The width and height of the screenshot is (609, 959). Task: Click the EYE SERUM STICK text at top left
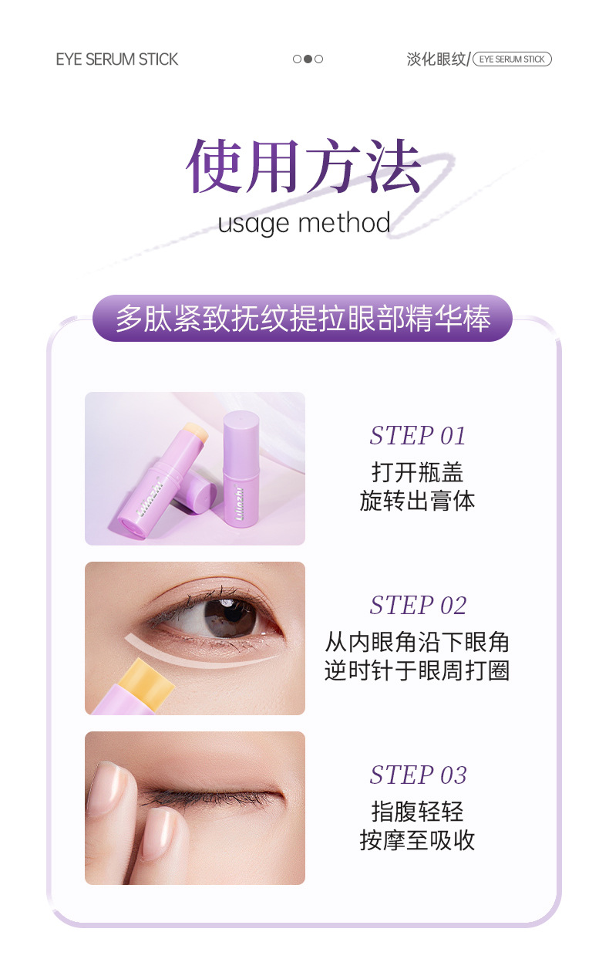[x=116, y=59]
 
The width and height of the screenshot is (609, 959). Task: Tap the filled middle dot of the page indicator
[x=308, y=59]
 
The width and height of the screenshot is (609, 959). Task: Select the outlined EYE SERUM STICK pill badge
[x=512, y=59]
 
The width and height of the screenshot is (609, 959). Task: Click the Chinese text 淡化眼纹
[x=436, y=59]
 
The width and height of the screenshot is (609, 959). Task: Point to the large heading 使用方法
[x=304, y=166]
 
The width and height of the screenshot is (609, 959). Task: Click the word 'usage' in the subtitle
[x=253, y=224]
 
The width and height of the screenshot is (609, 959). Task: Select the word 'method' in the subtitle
[x=345, y=223]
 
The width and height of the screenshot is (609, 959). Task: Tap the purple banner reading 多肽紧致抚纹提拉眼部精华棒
[x=303, y=318]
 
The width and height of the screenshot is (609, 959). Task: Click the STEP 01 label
[x=417, y=436]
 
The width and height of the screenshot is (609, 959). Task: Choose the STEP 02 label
[x=418, y=606]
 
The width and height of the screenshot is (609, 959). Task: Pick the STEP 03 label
[x=418, y=775]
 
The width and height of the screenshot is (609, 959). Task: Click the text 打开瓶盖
[x=417, y=472]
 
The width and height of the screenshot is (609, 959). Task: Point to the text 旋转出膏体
[x=417, y=501]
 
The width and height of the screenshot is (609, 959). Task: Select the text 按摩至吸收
[x=417, y=840]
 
